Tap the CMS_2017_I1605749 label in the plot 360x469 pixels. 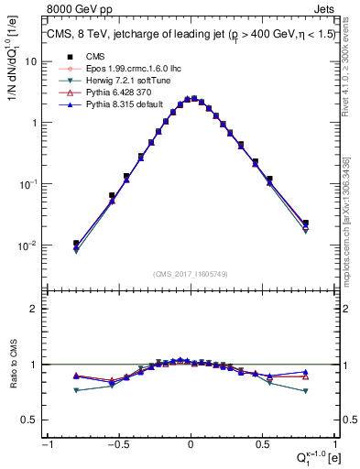tap(191, 274)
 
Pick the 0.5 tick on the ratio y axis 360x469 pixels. tap(30, 420)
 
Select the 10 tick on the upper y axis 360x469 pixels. tap(29, 60)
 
